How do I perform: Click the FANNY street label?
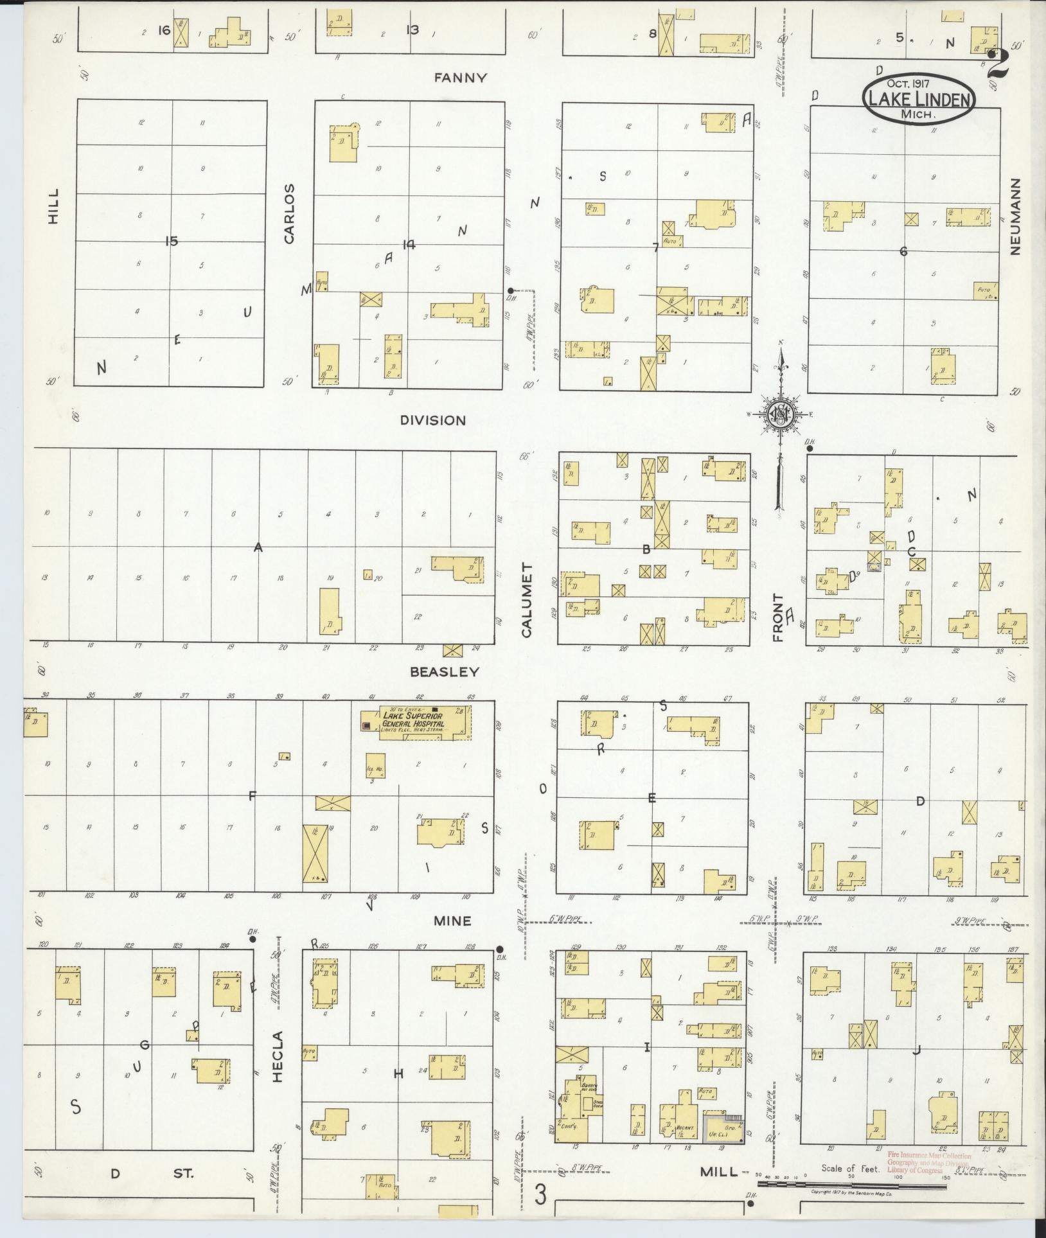click(x=460, y=78)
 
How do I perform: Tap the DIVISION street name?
click(x=432, y=420)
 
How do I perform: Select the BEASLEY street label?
click(x=445, y=672)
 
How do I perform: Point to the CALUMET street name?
click(x=527, y=601)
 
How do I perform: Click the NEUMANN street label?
click(x=1015, y=217)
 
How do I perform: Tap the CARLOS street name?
click(x=289, y=214)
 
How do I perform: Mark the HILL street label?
click(x=53, y=206)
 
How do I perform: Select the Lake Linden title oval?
click(x=918, y=98)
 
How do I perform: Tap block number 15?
click(x=171, y=241)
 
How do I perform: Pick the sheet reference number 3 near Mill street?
click(x=541, y=1196)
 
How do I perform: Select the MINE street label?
click(x=452, y=921)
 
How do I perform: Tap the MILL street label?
click(x=718, y=1171)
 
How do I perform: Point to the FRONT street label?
click(x=778, y=618)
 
